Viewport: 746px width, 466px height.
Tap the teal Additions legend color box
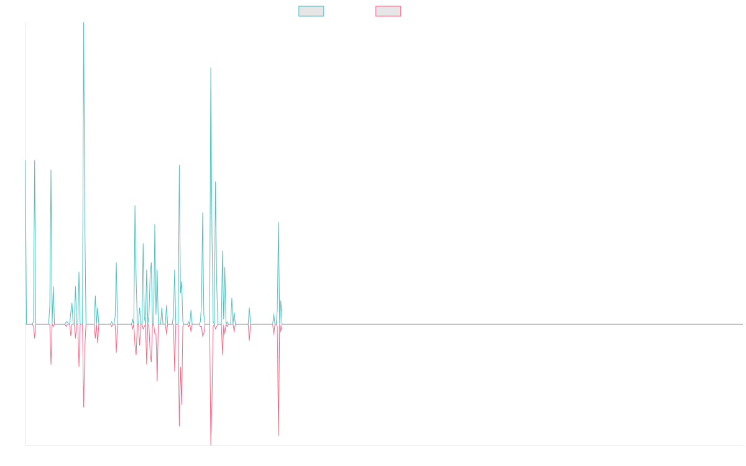[311, 11]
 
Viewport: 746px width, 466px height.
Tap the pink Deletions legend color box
[389, 11]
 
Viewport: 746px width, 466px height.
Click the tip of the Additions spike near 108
[210, 67]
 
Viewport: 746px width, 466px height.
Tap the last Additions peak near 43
[279, 222]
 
